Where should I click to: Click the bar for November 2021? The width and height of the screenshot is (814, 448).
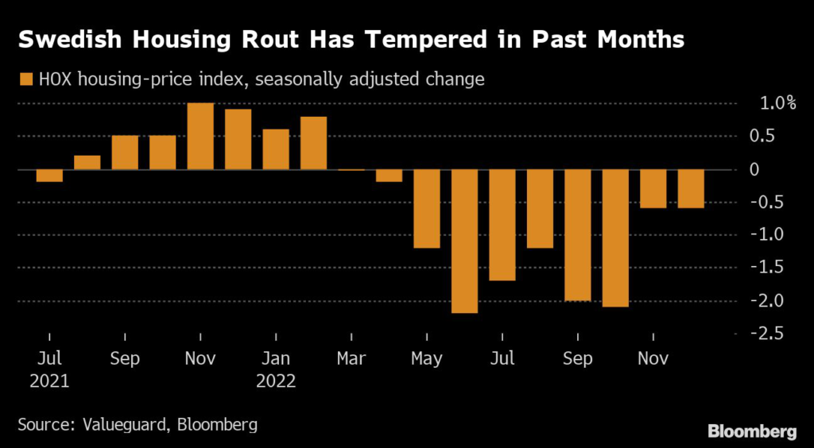200,136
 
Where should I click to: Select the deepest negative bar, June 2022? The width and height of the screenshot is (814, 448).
465,241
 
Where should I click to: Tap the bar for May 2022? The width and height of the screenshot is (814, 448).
427,208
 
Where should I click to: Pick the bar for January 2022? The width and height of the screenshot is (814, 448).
276,149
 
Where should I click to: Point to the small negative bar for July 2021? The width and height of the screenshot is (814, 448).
49,176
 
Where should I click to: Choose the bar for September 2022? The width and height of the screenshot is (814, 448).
578,235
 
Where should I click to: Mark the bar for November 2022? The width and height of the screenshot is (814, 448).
653,188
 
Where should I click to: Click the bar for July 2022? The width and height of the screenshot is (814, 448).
502,225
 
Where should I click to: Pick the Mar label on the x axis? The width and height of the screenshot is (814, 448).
351,358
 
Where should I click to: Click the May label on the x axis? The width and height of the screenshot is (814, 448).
427,358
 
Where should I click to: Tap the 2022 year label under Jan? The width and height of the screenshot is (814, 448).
276,381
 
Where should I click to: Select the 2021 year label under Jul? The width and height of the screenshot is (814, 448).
49,381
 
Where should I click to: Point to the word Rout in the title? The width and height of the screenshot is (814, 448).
261,40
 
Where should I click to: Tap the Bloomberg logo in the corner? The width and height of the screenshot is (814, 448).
752,431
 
